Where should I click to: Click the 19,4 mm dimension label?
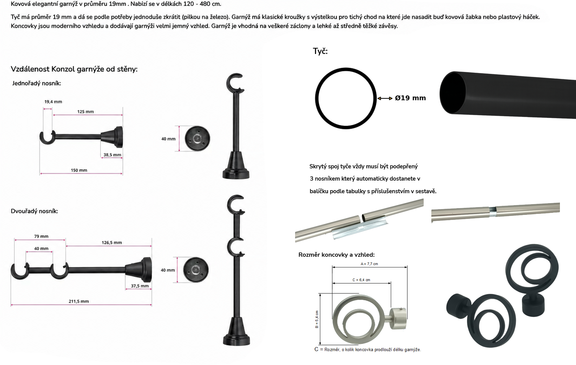[x=53, y=102]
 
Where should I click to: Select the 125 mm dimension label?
[x=86, y=112]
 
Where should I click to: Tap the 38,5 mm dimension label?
[x=113, y=155]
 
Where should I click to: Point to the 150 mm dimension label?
[x=79, y=170]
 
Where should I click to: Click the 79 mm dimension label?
[x=41, y=236]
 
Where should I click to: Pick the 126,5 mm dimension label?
[x=112, y=243]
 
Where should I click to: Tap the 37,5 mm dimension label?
[x=140, y=286]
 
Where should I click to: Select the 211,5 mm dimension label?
[x=79, y=301]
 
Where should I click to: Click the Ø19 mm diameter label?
[x=410, y=98]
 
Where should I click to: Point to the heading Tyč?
[x=320, y=51]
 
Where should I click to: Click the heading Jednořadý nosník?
[x=37, y=83]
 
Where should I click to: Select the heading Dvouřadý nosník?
[x=34, y=211]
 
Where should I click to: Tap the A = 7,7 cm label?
[x=369, y=264]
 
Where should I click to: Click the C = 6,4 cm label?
[x=361, y=280]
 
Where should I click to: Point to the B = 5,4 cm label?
[x=317, y=319]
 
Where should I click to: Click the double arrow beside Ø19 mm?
[x=385, y=98]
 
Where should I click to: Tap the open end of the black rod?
[x=452, y=93]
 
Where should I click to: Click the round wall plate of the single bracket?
[x=197, y=139]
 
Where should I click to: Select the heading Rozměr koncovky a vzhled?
[x=336, y=255]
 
